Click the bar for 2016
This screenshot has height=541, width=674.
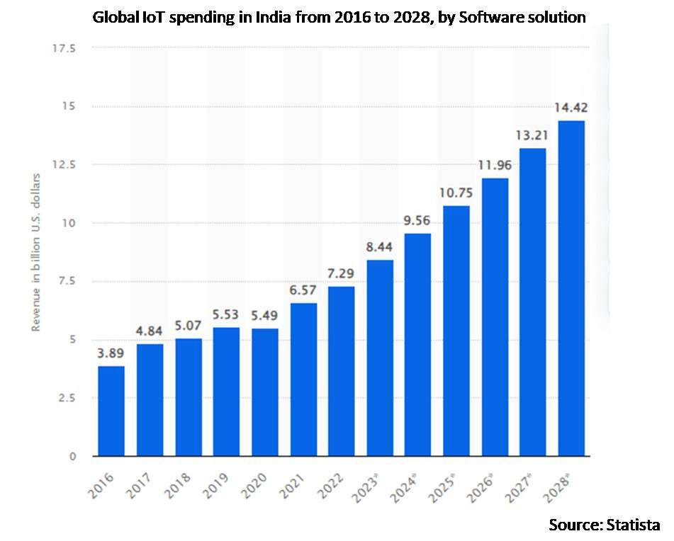pos(111,411)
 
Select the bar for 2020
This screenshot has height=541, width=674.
pos(265,392)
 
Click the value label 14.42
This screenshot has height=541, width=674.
pos(571,108)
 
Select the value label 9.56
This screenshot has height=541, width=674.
pos(418,221)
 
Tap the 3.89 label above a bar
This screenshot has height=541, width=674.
pos(111,353)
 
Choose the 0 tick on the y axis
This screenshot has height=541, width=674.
pos(73,456)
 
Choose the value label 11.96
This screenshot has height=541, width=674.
pos(495,166)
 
